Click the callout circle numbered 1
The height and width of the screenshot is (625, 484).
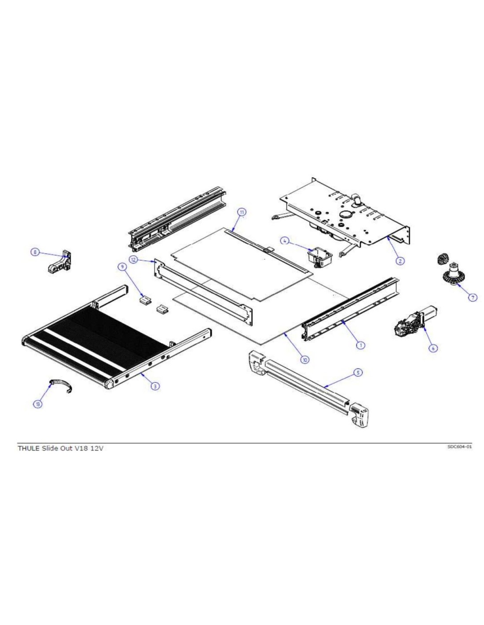point(360,345)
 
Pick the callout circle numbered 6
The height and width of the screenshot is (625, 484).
point(433,348)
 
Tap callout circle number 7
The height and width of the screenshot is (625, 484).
point(473,298)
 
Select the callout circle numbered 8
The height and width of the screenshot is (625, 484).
point(35,252)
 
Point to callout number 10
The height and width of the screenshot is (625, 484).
point(304,360)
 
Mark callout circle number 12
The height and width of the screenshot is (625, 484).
point(133,259)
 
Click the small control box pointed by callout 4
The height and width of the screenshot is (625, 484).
point(319,257)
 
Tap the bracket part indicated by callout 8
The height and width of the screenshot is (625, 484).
point(60,261)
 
